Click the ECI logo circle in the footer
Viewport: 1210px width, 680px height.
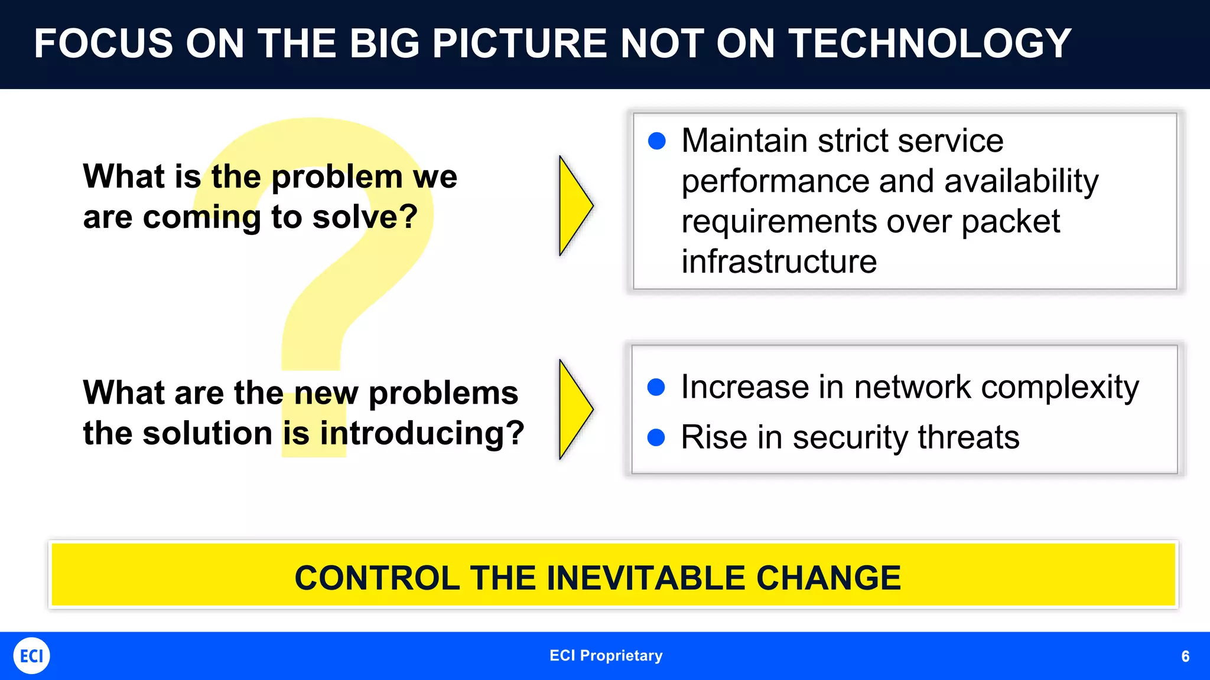[31, 656]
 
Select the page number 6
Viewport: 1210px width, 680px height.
[1185, 656]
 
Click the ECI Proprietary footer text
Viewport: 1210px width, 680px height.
[606, 656]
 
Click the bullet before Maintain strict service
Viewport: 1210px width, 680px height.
[656, 141]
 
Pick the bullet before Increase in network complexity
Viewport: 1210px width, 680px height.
[656, 387]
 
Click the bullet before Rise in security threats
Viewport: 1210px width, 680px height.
[656, 437]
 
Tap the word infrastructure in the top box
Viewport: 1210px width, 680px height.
[779, 261]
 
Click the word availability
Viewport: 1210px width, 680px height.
[1021, 181]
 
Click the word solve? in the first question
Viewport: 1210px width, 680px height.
[365, 217]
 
